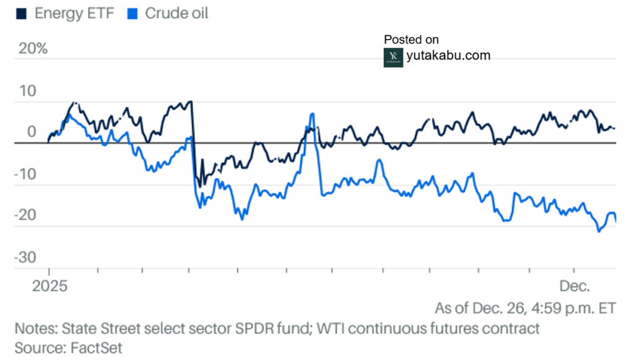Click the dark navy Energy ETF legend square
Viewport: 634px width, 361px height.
tap(21, 13)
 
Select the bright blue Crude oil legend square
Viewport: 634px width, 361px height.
tap(131, 13)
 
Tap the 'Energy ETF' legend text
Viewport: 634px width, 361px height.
tap(74, 13)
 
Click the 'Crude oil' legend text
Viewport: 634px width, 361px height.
tap(176, 13)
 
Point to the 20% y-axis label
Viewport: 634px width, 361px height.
tap(33, 48)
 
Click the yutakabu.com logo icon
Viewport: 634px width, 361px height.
tap(393, 57)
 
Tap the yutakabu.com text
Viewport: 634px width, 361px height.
tap(449, 56)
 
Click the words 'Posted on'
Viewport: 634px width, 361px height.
tap(411, 40)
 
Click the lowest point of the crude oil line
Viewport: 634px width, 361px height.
tap(599, 232)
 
